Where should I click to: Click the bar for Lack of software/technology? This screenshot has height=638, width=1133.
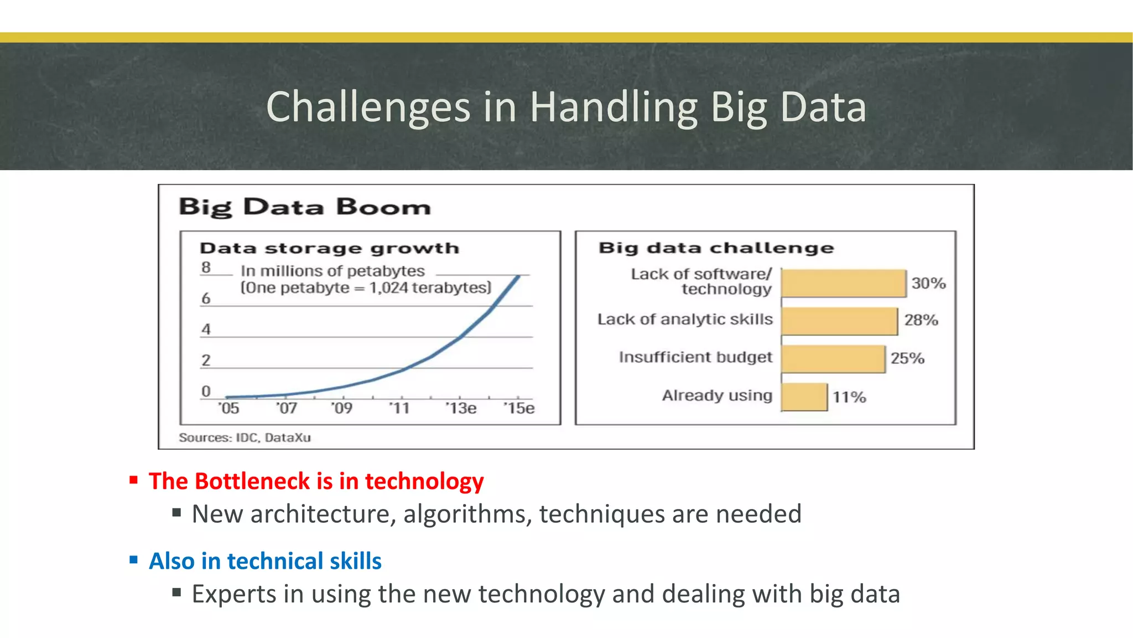tap(844, 283)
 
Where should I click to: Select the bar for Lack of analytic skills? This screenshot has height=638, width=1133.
tap(839, 321)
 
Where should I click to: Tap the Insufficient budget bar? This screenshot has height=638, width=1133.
tap(833, 358)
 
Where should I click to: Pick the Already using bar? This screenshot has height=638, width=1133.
tap(804, 397)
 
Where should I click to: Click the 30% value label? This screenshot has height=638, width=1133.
tap(928, 283)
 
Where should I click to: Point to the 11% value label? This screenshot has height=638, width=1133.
tap(849, 397)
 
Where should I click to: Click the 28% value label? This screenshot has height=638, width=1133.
tap(921, 320)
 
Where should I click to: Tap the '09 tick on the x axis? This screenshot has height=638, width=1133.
tap(342, 408)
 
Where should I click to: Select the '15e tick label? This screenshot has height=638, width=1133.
tap(519, 408)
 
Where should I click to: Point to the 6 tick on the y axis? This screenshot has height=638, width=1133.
tap(206, 299)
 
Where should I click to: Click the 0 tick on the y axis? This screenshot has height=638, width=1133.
tap(206, 392)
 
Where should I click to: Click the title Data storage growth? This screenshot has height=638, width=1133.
tap(329, 248)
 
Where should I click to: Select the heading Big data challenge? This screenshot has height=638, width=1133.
tap(716, 248)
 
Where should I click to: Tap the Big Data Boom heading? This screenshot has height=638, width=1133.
tap(305, 207)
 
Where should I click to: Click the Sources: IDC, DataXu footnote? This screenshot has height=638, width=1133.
tap(245, 438)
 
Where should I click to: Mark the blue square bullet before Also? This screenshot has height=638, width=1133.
tap(133, 559)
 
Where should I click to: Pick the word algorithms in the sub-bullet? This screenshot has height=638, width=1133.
tap(467, 514)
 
